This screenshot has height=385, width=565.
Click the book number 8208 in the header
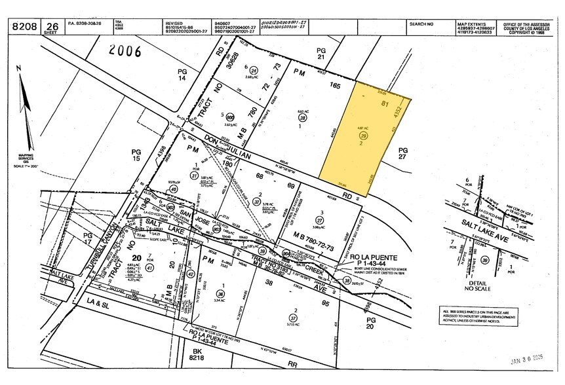tap(26, 26)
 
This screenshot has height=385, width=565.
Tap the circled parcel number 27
tap(319, 220)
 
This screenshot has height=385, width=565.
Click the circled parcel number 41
tap(132, 267)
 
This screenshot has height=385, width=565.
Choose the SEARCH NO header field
tap(421, 23)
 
